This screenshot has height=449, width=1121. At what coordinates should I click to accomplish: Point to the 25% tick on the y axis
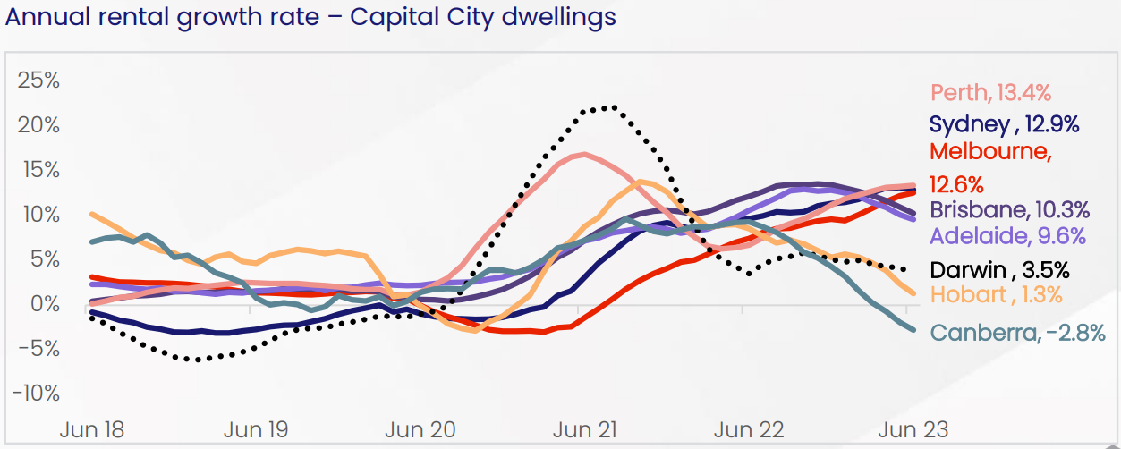click(40, 80)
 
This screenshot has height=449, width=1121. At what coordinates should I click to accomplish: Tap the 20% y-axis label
click(40, 124)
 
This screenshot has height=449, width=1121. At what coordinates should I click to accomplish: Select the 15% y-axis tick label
click(40, 169)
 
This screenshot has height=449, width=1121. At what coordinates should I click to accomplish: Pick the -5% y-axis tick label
click(40, 349)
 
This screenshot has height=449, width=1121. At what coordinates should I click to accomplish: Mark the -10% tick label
click(37, 394)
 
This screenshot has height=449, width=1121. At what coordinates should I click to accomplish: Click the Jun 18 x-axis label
click(92, 428)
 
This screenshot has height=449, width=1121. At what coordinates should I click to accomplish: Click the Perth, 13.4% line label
click(990, 92)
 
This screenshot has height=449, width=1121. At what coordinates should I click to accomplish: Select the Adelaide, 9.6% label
click(1007, 237)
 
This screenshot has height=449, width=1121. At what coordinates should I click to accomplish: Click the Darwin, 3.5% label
click(999, 270)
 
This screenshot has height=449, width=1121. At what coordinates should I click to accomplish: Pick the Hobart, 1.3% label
click(997, 295)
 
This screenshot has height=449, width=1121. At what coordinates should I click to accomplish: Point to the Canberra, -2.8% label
click(1018, 334)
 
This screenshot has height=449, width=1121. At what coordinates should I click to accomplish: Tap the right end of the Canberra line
click(914, 330)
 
